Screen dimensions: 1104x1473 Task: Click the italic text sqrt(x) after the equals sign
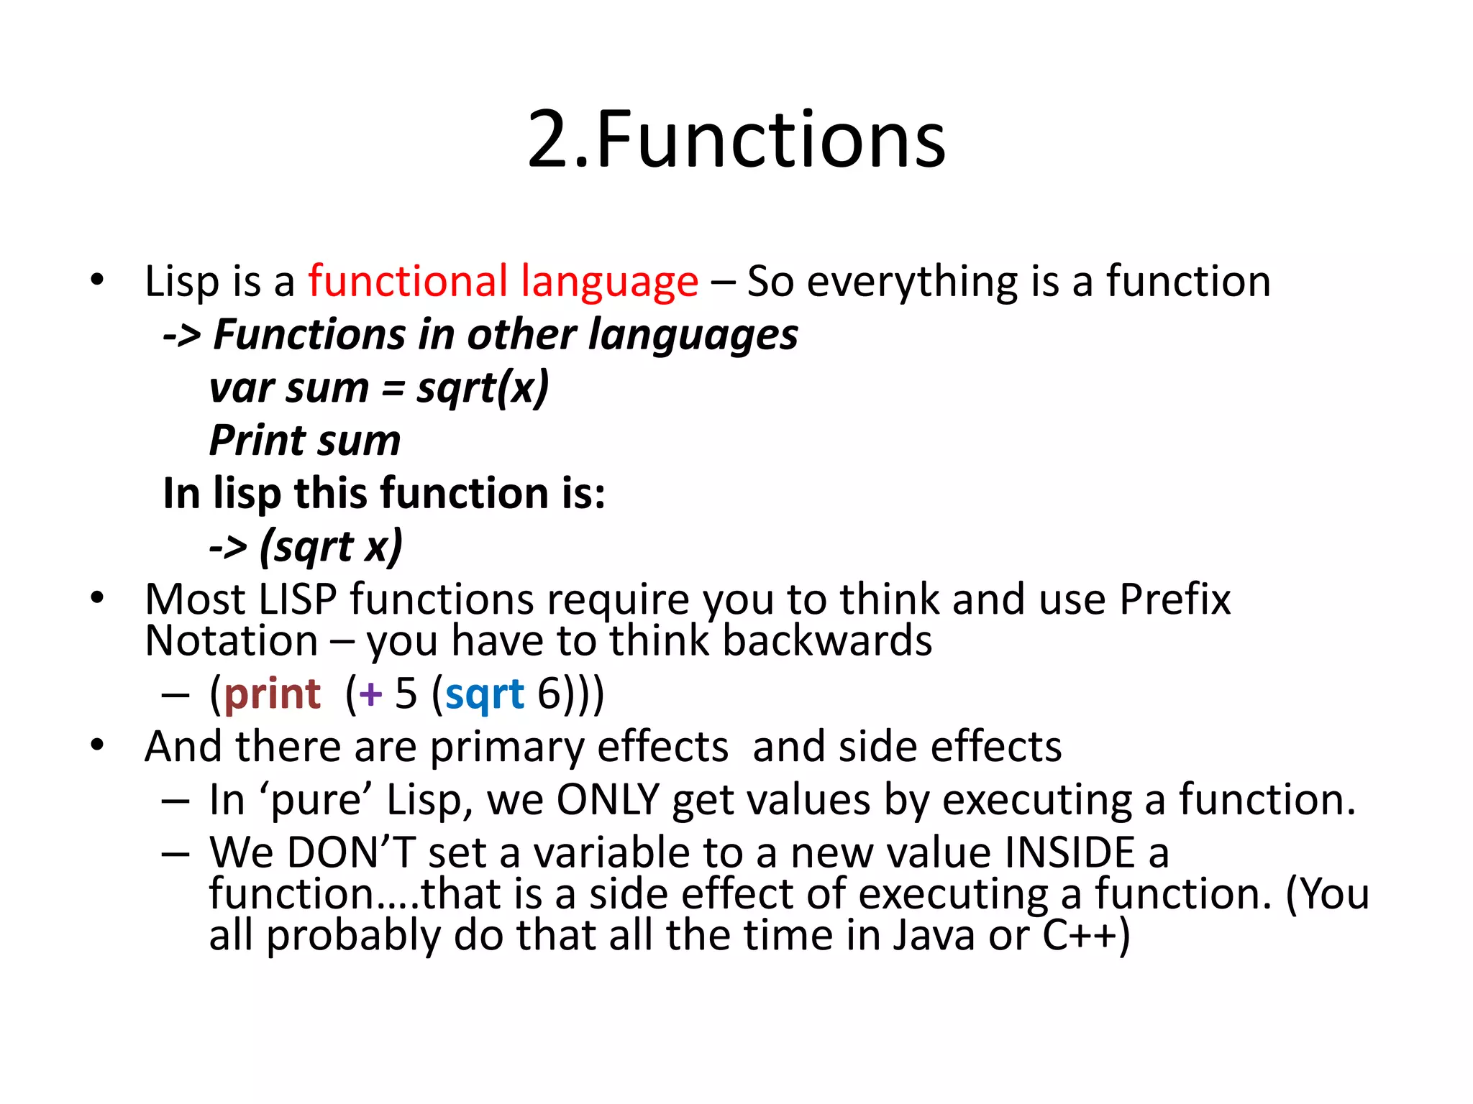tap(483, 389)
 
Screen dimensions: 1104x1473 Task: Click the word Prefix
tap(1175, 599)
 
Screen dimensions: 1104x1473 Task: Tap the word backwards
tap(826, 640)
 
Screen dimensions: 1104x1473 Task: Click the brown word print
tap(273, 694)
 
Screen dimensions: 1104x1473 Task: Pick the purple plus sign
tap(370, 695)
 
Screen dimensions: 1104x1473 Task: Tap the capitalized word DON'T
tap(351, 852)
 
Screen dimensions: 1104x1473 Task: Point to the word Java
tap(934, 936)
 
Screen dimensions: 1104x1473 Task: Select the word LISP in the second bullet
tap(297, 599)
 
